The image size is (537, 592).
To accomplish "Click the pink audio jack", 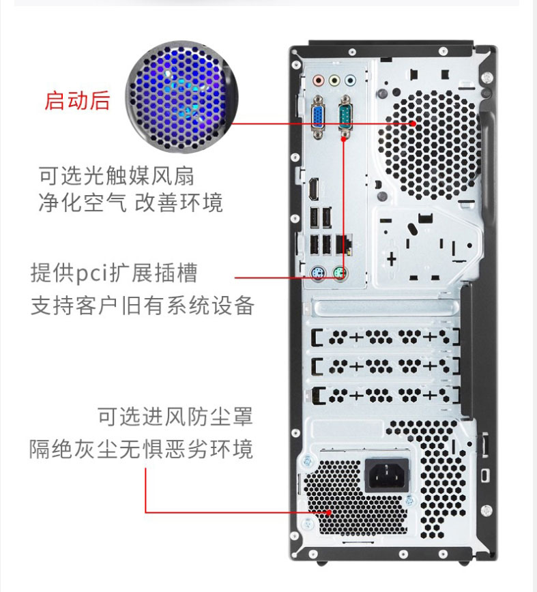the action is coord(319,80).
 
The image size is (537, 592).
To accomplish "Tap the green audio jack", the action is coord(334,80).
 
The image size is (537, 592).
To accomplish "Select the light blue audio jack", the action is coord(351,80).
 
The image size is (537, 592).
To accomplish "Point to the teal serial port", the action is coord(345,115).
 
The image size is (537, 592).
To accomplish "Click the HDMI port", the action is coord(313,189).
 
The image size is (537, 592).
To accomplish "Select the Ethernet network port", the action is coord(343,244).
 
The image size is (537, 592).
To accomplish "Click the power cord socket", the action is coord(387,475).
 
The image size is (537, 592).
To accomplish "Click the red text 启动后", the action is coord(77,101).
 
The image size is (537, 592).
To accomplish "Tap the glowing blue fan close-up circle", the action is coord(182,97).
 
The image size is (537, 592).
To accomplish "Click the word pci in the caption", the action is coord(92,273).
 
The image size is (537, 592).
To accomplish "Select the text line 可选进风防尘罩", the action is coord(175,417).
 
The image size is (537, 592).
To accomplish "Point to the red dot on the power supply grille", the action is coord(330,512).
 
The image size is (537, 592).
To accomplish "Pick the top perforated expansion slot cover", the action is coord(386,337).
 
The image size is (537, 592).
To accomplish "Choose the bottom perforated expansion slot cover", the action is coord(386,396).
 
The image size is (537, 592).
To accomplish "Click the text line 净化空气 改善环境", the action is coord(130,202).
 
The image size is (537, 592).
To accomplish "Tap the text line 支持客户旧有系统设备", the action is coord(143,305).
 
